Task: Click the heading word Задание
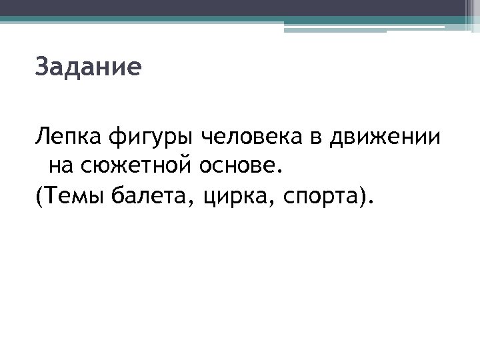coord(88,67)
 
